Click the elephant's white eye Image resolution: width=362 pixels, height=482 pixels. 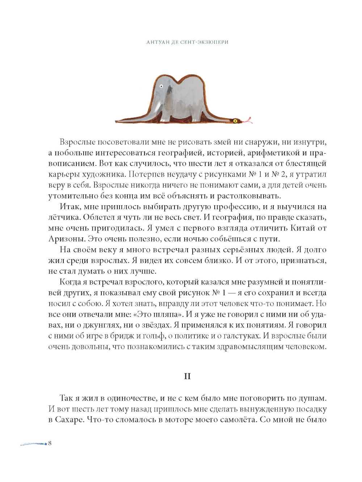(x=161, y=86)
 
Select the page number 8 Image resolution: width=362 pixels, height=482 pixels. (x=50, y=443)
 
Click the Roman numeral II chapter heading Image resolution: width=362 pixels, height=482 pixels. (x=187, y=376)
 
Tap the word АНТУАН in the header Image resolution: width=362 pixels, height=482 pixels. (x=158, y=42)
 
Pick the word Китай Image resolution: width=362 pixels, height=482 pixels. (x=303, y=228)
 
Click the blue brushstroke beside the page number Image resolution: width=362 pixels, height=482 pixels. (x=33, y=443)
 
